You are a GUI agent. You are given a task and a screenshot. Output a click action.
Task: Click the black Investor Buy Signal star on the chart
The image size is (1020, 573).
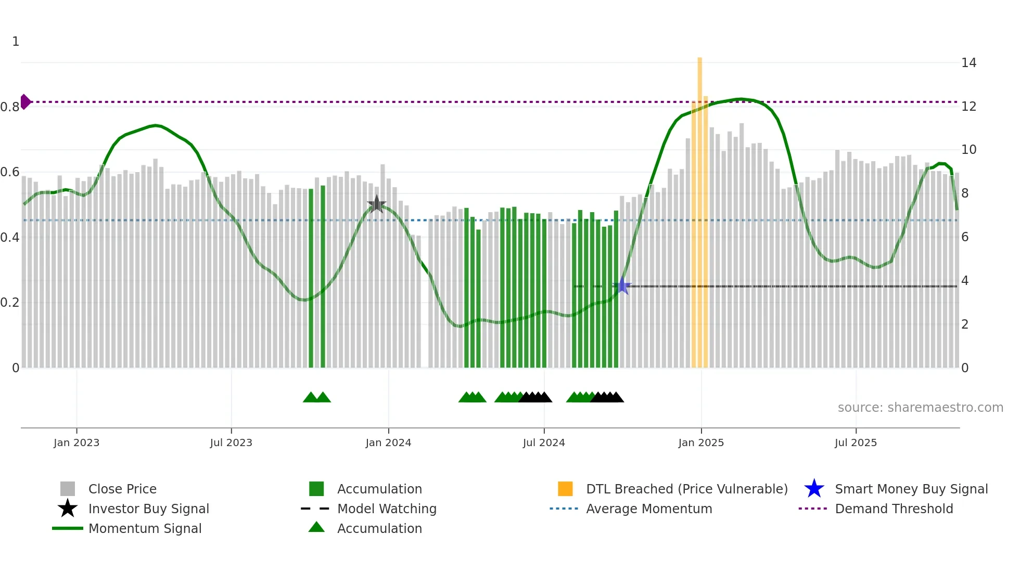coord(376,204)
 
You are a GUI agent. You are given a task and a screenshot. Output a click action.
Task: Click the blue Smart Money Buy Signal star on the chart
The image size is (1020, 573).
coord(622,285)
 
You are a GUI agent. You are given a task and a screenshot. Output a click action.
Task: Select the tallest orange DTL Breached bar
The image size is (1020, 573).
coord(699,208)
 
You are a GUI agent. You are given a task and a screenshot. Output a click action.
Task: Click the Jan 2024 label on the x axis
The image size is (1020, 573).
coord(388,442)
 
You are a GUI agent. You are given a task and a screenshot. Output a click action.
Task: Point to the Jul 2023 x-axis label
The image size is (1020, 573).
coord(231,442)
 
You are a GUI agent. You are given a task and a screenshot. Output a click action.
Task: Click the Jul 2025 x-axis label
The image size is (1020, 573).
coord(856,442)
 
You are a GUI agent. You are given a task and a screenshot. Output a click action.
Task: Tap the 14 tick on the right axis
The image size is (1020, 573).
coord(968,63)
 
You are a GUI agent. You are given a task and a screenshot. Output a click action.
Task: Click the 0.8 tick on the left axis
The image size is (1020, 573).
coord(10,107)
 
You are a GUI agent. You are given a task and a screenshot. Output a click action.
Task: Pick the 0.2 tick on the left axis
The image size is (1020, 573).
coord(10,303)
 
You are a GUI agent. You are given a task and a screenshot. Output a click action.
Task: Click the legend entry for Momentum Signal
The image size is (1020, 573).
coord(145,528)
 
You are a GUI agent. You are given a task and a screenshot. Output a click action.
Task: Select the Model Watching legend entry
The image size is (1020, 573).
coord(387,509)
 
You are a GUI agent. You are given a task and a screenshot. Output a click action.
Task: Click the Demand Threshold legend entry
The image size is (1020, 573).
coord(894,509)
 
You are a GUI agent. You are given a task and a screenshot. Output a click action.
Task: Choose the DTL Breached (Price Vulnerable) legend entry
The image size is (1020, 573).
coord(686,489)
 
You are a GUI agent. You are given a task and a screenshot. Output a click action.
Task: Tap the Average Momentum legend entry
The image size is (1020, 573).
coord(648,509)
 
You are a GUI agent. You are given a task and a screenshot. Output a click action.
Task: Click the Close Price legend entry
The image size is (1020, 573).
coord(122,489)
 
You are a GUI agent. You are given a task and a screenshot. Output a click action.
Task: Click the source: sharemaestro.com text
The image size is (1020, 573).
coord(920,407)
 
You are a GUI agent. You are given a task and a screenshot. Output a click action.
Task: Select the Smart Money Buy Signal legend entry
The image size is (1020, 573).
coord(911,489)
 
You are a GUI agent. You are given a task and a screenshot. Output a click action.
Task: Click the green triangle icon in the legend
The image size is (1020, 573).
coord(316,527)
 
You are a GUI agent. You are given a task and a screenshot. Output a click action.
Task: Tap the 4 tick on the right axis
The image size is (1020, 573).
coord(965,281)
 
